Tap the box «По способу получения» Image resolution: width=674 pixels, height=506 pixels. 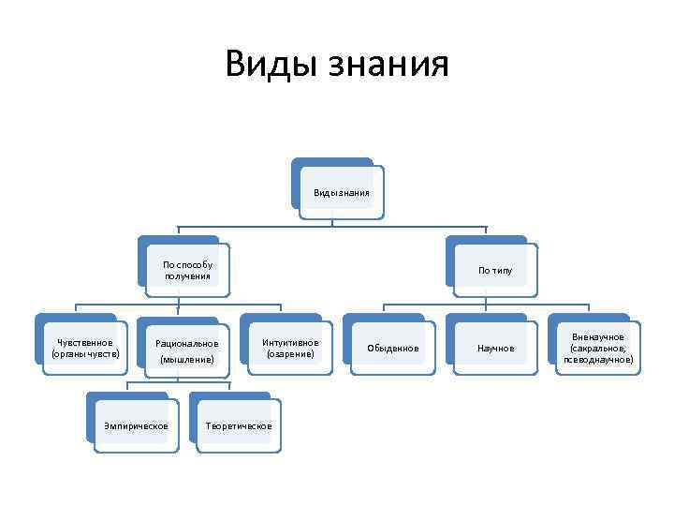[x=187, y=270]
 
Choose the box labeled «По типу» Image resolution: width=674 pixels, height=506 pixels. [x=495, y=270]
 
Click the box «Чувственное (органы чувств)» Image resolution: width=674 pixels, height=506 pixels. [x=85, y=348]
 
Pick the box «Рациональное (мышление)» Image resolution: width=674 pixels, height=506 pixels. [x=187, y=350]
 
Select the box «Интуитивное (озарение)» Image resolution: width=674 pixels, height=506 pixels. [x=290, y=348]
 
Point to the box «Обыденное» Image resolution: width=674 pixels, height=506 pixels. [x=393, y=349]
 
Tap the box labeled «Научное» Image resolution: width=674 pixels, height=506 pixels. [x=495, y=349]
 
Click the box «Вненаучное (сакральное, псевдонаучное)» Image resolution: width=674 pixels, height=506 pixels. [x=598, y=348]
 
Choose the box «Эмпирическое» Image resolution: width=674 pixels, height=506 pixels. [x=137, y=426]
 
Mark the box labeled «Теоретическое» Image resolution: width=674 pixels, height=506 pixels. [x=239, y=426]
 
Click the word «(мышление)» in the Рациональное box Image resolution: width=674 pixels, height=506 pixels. [x=187, y=359]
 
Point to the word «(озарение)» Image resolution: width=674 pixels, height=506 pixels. [x=290, y=354]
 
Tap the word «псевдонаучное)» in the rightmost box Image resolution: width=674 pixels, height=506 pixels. [x=598, y=359]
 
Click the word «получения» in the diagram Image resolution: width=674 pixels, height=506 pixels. [x=187, y=275]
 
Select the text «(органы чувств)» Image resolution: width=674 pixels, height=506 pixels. [x=85, y=354]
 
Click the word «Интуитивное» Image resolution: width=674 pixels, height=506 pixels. [x=290, y=342]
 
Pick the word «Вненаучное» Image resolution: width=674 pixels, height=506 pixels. [x=598, y=336]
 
